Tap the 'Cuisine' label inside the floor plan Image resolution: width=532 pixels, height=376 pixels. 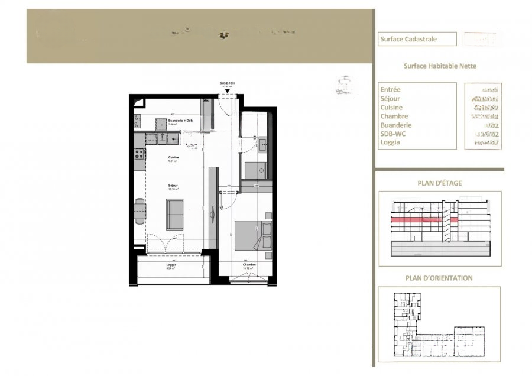(x=173, y=157)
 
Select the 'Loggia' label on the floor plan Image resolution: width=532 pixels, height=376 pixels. (x=171, y=265)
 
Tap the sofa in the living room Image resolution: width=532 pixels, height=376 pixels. (x=174, y=213)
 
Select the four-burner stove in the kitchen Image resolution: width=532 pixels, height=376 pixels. (x=140, y=154)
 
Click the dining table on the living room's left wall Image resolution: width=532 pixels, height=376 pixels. (x=140, y=212)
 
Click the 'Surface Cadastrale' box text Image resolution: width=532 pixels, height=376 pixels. (x=408, y=40)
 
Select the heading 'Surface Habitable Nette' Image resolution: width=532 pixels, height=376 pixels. (x=440, y=67)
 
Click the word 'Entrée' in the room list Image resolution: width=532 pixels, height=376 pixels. (x=391, y=90)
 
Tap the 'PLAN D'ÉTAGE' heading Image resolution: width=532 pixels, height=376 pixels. (x=439, y=183)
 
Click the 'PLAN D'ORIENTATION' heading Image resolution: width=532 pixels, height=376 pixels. (x=439, y=278)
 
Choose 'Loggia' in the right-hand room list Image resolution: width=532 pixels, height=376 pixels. (x=391, y=142)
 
